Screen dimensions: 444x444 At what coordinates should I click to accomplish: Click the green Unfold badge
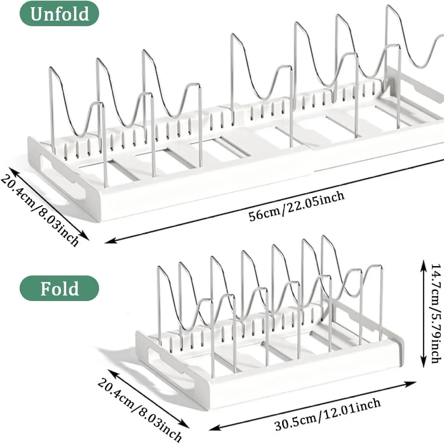[60, 13]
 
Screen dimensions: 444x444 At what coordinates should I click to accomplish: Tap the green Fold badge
[60, 288]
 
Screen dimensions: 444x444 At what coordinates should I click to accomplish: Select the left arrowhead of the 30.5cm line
[212, 416]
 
